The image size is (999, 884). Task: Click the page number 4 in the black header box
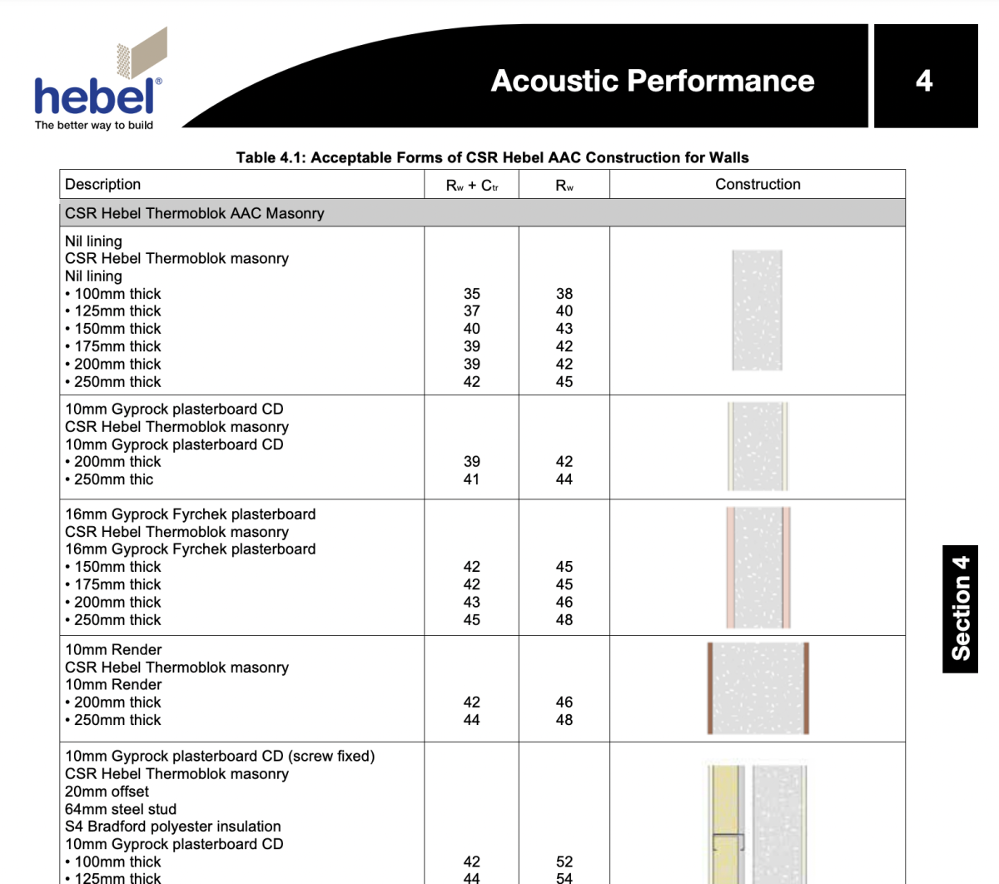pyautogui.click(x=924, y=81)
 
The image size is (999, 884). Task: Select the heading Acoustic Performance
pyautogui.click(x=652, y=81)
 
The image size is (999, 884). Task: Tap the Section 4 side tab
pyautogui.click(x=960, y=608)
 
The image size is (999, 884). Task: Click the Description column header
pyautogui.click(x=103, y=184)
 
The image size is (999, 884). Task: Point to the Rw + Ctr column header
pyautogui.click(x=472, y=186)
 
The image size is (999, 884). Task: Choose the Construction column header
pyautogui.click(x=758, y=184)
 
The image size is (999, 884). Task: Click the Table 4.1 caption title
pyautogui.click(x=492, y=157)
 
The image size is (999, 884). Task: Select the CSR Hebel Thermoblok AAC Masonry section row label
pyautogui.click(x=194, y=213)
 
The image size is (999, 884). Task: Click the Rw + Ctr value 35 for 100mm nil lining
pyautogui.click(x=472, y=294)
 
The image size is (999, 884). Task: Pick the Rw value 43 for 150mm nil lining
pyautogui.click(x=564, y=329)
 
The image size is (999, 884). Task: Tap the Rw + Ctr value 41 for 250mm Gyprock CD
pyautogui.click(x=472, y=479)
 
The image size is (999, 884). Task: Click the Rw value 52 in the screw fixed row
pyautogui.click(x=564, y=862)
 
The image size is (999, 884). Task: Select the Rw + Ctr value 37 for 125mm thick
pyautogui.click(x=472, y=311)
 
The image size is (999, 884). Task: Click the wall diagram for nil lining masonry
pyautogui.click(x=758, y=310)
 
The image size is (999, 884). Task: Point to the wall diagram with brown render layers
pyautogui.click(x=758, y=688)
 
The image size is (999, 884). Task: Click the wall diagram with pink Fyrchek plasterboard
pyautogui.click(x=758, y=567)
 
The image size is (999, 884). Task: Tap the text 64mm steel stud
pyautogui.click(x=121, y=809)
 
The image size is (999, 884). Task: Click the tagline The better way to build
pyautogui.click(x=94, y=126)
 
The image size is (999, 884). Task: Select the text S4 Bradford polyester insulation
pyautogui.click(x=173, y=827)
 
